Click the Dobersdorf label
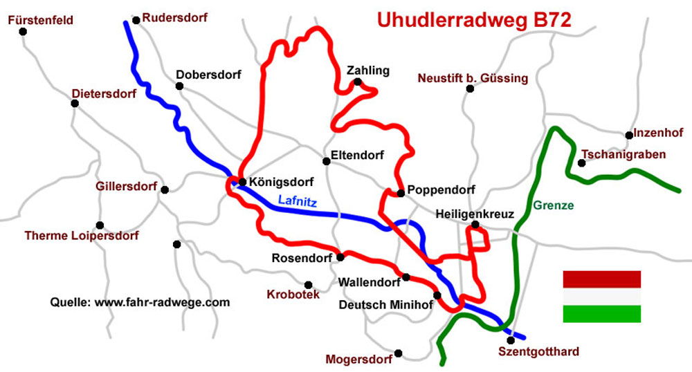pyautogui.click(x=208, y=75)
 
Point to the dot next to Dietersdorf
pyautogui.click(x=75, y=103)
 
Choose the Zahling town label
pyautogui.click(x=368, y=70)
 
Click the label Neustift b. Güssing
pyautogui.click(x=473, y=78)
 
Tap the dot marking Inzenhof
pyautogui.click(x=628, y=135)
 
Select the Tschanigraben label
pyautogui.click(x=623, y=154)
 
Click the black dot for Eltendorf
pyautogui.click(x=326, y=161)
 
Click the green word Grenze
pyautogui.click(x=554, y=205)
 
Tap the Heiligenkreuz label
pyautogui.click(x=475, y=214)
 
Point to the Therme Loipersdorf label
pyautogui.click(x=82, y=236)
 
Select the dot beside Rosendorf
pyautogui.click(x=340, y=257)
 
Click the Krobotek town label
pyautogui.click(x=293, y=295)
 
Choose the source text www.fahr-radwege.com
pyautogui.click(x=161, y=302)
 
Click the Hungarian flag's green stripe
pyautogui.click(x=601, y=313)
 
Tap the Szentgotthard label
pyautogui.click(x=538, y=352)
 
